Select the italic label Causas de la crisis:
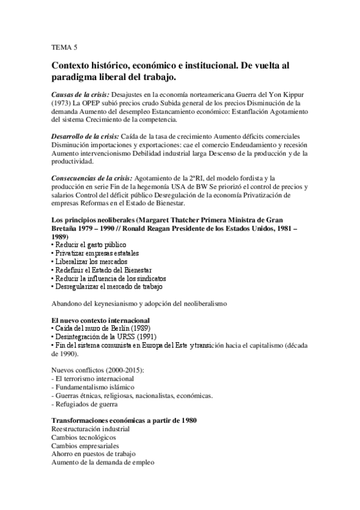pyautogui.click(x=80, y=95)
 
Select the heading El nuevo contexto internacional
pyautogui.click(x=100, y=321)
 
